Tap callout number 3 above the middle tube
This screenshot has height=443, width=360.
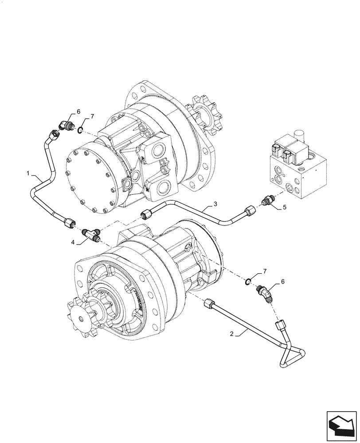(215, 204)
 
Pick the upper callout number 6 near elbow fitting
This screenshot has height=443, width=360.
(78, 111)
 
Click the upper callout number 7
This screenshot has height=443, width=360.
(92, 117)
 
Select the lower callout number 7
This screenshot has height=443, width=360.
(265, 270)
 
